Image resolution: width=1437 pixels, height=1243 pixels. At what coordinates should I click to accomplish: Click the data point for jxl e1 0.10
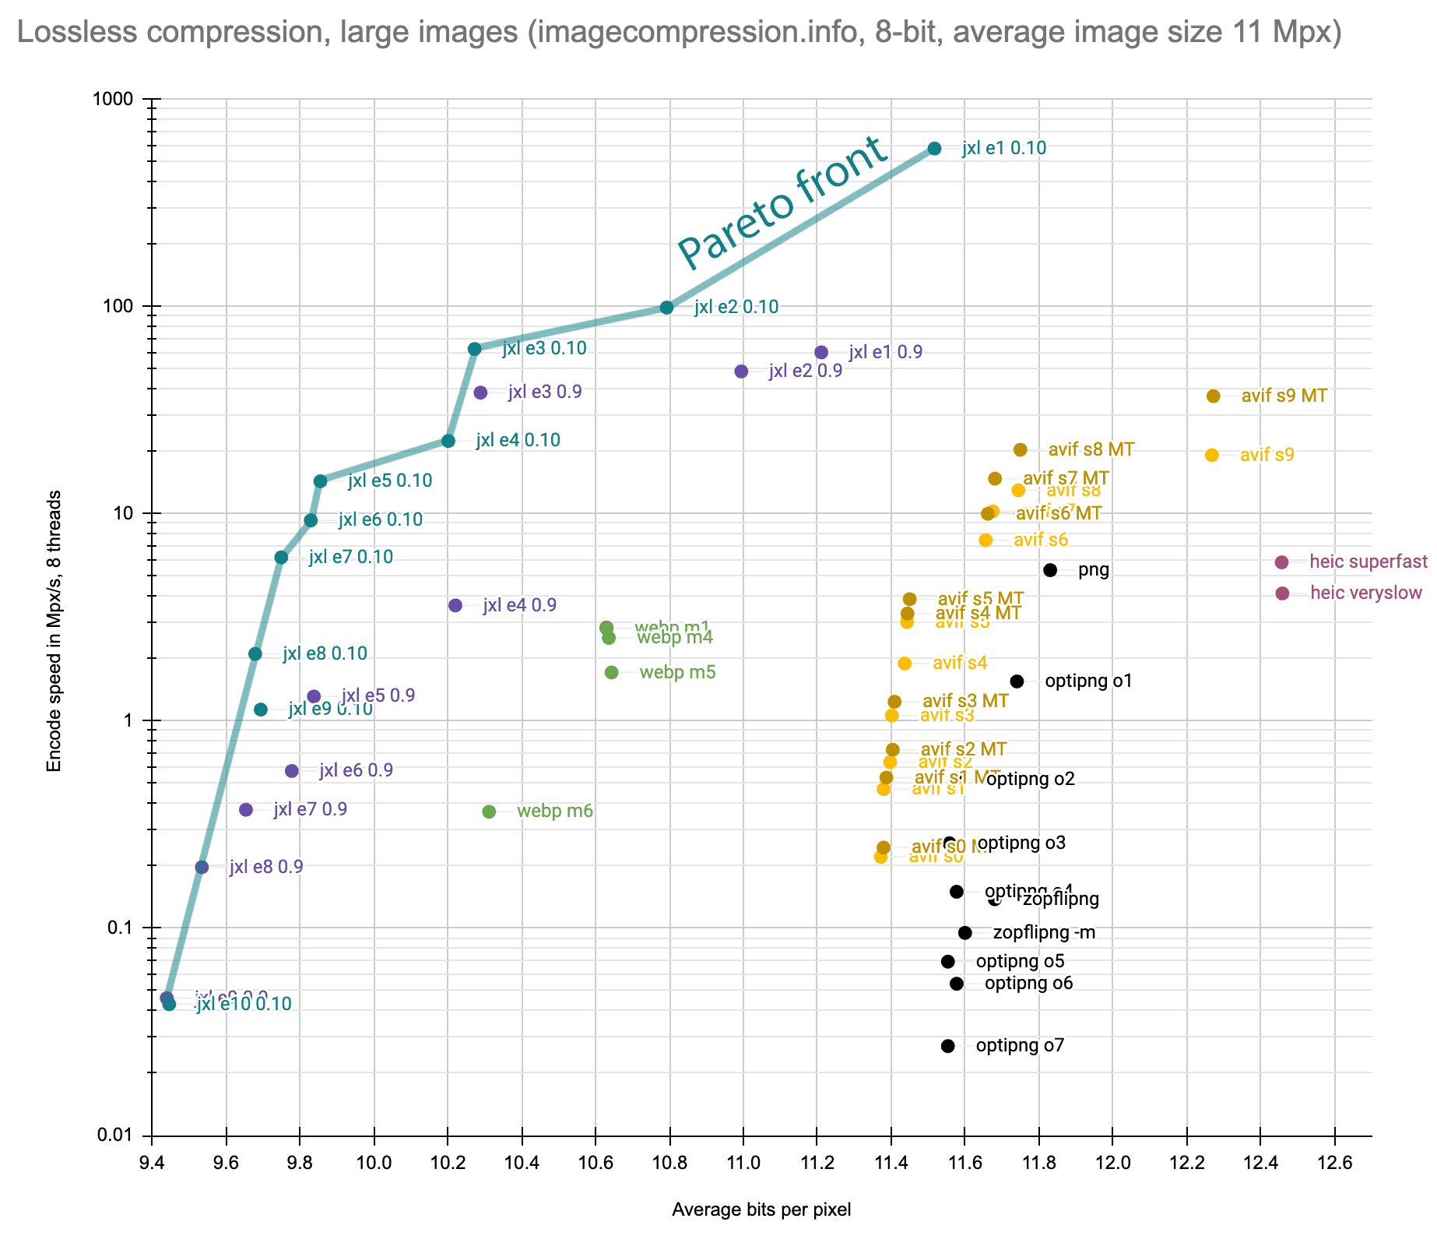934,149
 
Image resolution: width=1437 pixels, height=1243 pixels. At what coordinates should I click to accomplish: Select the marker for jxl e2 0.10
666,308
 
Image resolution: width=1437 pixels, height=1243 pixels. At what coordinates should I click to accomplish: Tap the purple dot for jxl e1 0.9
821,353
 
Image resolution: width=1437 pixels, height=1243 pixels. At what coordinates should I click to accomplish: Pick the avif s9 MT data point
1213,396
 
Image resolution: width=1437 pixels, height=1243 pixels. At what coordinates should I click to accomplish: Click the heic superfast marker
1282,562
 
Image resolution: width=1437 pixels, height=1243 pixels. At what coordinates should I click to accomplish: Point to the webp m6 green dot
489,812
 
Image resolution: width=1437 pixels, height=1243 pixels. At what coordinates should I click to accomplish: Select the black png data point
1050,570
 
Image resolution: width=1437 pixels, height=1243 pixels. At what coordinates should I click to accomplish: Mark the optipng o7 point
947,1046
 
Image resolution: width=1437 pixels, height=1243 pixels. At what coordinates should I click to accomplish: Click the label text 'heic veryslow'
1365,593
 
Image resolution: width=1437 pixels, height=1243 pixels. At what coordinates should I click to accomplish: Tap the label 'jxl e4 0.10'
518,441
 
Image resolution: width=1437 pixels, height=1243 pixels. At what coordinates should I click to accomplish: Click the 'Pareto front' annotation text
782,204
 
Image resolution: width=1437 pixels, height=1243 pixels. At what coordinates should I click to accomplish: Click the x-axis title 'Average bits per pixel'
761,1210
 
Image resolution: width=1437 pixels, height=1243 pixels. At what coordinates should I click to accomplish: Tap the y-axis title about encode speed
54,632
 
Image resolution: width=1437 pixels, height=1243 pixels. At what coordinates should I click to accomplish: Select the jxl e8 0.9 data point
202,868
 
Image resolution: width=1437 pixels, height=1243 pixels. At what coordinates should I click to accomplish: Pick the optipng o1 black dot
1017,681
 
